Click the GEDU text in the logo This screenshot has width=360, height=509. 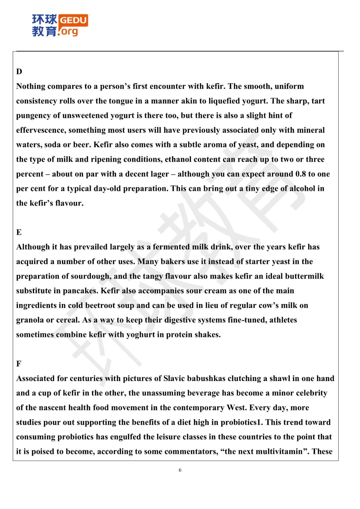tap(73, 20)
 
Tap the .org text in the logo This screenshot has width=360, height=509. tap(68, 32)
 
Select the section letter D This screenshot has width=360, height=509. tap(19, 72)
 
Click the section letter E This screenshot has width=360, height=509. tap(19, 232)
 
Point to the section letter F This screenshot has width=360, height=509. tap(19, 364)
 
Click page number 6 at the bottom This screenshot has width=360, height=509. tap(180, 470)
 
